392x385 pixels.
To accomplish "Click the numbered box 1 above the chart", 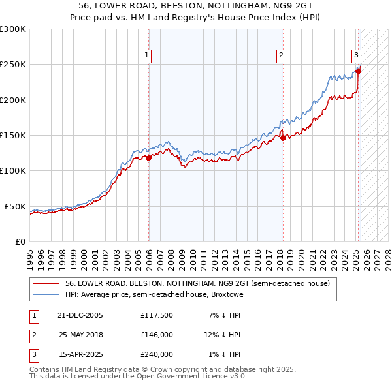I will click(147, 56).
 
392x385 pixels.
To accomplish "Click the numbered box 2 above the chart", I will click(281, 56).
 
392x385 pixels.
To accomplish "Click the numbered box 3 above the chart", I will click(357, 56).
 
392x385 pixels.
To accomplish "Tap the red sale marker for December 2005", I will click(149, 157).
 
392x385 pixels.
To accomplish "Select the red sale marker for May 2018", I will click(283, 138).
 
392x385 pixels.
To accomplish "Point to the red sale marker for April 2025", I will click(358, 71).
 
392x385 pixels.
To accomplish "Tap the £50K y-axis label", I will click(15, 206).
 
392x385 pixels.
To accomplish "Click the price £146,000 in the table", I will click(157, 335).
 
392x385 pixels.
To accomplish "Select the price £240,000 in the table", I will click(157, 354).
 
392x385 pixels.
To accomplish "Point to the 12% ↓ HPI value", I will click(222, 335).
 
